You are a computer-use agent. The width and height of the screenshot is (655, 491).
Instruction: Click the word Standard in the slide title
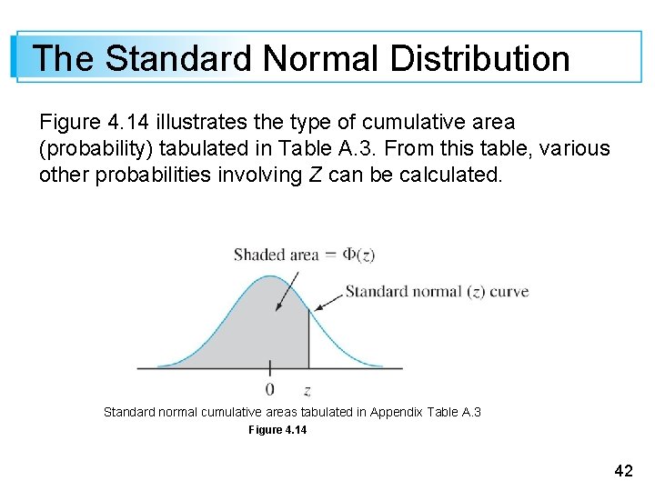(178, 58)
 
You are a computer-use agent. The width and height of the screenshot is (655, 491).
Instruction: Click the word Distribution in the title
(479, 58)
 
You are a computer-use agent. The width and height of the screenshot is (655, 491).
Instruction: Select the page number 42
(623, 470)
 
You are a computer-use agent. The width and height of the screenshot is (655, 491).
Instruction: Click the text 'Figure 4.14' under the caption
(277, 430)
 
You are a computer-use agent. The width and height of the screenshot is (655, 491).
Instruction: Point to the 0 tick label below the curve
(269, 390)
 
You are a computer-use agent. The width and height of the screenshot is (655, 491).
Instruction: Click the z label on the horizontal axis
(307, 391)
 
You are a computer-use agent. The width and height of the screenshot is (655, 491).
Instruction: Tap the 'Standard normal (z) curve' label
(437, 292)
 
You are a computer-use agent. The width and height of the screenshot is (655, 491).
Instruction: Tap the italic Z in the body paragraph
(315, 175)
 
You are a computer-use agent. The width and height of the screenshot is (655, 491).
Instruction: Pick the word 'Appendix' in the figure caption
(393, 413)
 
